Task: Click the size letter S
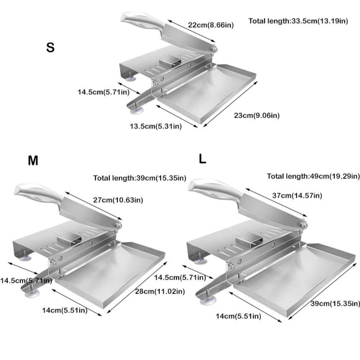click(x=50, y=48)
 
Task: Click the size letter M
click(x=33, y=161)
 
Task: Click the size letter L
click(x=203, y=159)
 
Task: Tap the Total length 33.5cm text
click(x=298, y=21)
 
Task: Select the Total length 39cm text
click(x=140, y=178)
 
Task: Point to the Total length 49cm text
click(x=313, y=176)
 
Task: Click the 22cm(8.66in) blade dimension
click(x=211, y=25)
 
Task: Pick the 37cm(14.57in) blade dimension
click(x=297, y=195)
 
